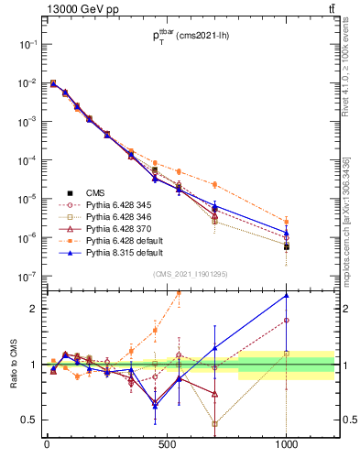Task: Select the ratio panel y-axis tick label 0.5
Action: [x=27, y=420]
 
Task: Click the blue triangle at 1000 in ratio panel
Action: [x=287, y=295]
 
